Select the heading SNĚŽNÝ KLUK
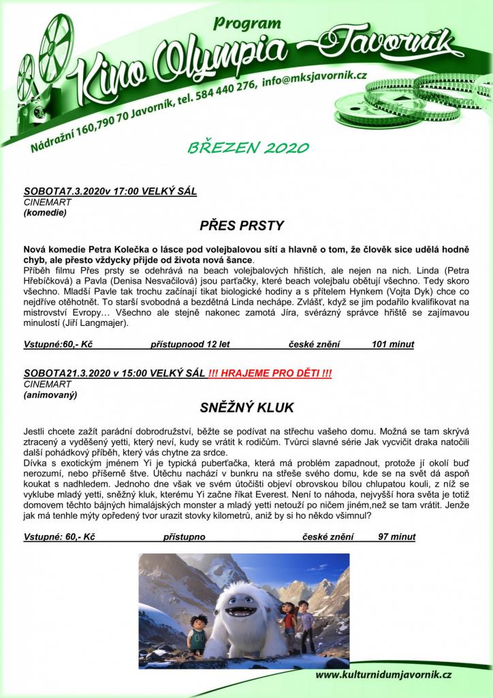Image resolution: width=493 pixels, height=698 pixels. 246,408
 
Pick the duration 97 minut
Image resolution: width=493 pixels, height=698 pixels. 396,537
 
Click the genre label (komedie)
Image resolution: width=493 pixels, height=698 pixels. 45,212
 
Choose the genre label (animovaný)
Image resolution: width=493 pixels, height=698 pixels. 50,395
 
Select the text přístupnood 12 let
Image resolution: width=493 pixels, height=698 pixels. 186,344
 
